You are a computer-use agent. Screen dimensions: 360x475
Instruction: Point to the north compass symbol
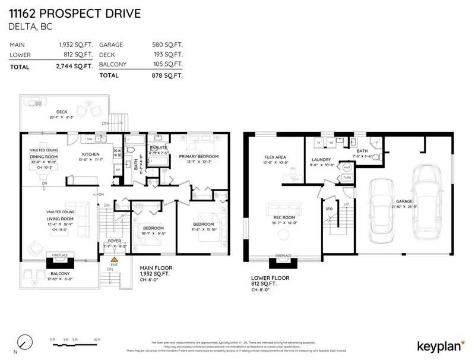pyautogui.click(x=24, y=342)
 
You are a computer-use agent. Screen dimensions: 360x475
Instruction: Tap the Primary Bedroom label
pyautogui.click(x=199, y=156)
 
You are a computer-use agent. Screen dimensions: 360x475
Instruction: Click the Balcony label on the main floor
pyautogui.click(x=59, y=273)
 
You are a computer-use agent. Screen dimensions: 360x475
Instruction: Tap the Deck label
pyautogui.click(x=62, y=112)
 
